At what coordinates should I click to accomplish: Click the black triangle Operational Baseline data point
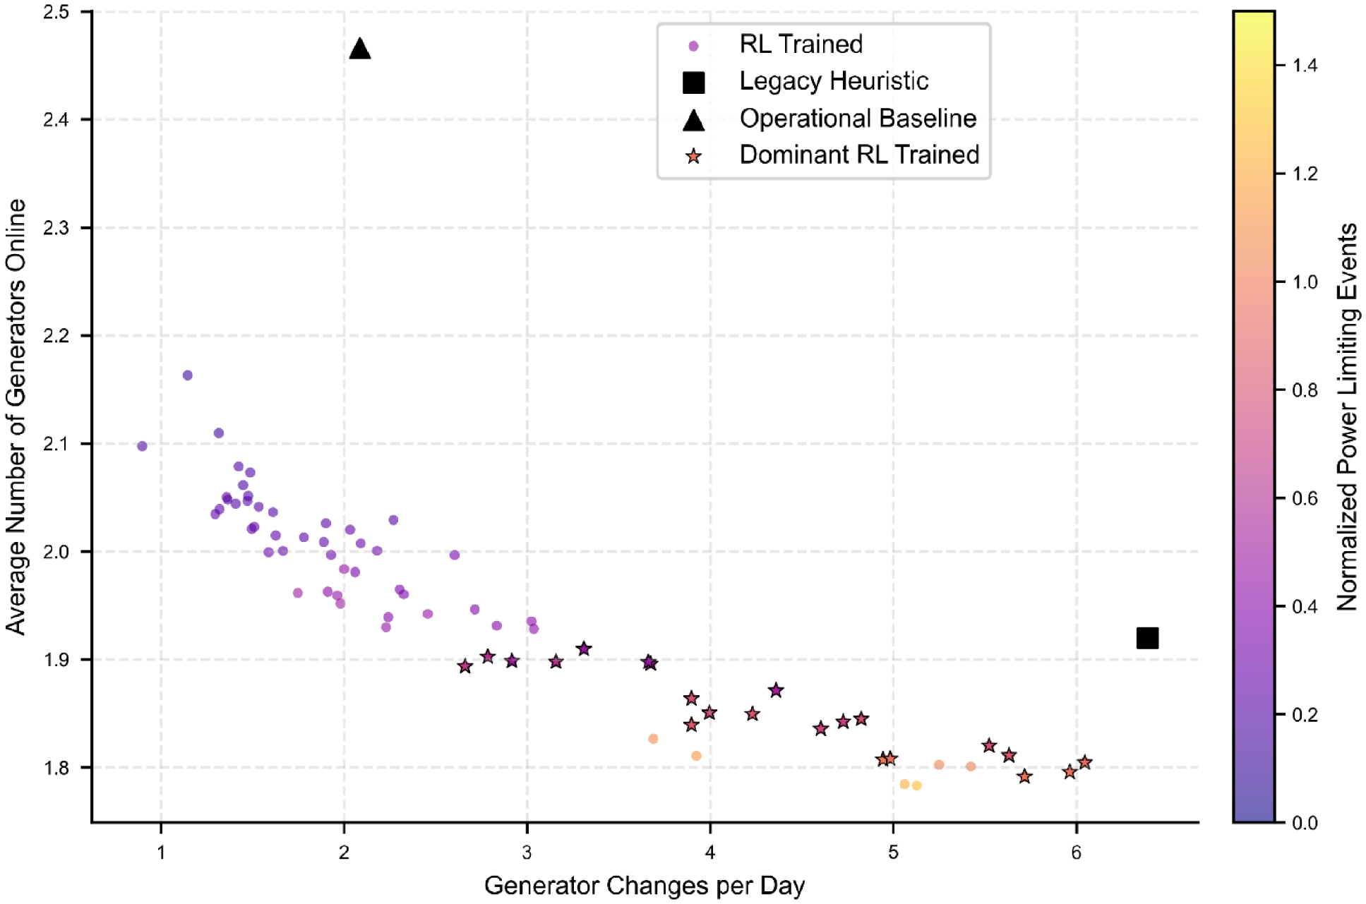point(360,49)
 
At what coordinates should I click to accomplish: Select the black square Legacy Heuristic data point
point(1147,638)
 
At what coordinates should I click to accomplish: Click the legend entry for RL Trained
point(801,44)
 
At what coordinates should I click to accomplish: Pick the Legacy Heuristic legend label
point(833,81)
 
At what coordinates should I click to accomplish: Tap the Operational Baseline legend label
point(858,119)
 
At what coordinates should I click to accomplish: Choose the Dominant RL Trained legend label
point(859,155)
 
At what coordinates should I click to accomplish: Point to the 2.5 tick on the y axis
point(56,12)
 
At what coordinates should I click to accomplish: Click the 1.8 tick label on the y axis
point(56,768)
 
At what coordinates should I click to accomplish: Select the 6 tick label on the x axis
point(1076,852)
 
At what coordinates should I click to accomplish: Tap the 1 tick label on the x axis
point(161,852)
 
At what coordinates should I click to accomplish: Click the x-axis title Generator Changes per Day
point(644,886)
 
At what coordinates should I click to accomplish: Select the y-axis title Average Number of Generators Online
point(16,416)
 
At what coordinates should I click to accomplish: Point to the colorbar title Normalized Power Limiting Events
point(1347,416)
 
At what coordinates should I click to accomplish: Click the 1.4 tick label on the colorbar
point(1305,66)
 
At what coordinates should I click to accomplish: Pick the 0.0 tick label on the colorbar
point(1305,823)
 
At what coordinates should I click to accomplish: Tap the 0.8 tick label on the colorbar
point(1305,390)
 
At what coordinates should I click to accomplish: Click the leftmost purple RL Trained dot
point(142,446)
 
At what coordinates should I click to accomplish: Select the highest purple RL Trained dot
point(188,375)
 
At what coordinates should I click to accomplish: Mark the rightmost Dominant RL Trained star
point(1085,762)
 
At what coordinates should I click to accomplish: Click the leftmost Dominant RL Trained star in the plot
point(465,666)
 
